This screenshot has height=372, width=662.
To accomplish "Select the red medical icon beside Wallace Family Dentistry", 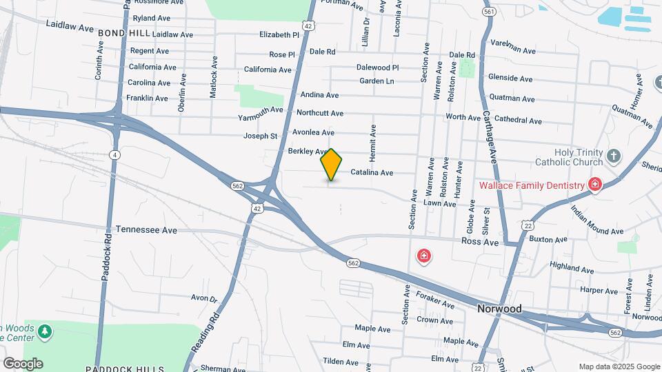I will point(594,184).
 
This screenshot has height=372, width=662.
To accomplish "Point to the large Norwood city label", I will point(499,309).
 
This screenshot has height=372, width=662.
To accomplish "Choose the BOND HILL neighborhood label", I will point(123,33).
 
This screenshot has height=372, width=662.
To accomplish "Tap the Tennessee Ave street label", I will point(146,229).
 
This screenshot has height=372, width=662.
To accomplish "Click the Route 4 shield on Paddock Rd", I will point(114,154).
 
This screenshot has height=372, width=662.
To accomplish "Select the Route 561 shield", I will point(490,12).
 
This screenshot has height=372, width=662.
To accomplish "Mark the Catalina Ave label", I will point(372,173).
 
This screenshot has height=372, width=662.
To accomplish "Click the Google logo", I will point(23,364).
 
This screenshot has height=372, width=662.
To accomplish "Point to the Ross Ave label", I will point(480,242).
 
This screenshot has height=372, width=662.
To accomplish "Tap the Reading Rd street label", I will point(205,333).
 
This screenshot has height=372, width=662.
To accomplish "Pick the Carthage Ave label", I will point(490,136).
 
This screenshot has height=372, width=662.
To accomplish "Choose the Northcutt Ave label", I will point(320,113).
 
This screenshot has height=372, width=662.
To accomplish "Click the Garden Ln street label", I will point(377,81).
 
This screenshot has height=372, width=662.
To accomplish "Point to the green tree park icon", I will point(46,332).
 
